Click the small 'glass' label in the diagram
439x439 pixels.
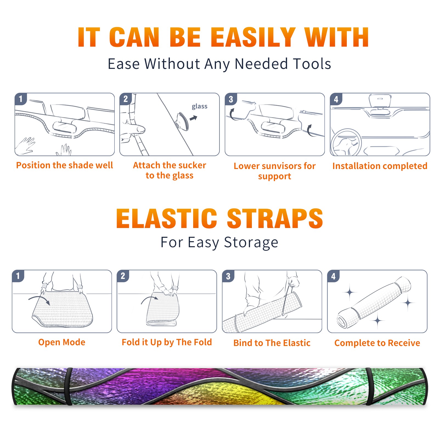[199, 106]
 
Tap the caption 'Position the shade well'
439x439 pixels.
[64, 165]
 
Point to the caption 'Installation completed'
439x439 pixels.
[380, 166]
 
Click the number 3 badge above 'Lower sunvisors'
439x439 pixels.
[231, 99]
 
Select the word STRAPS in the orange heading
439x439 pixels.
[275, 218]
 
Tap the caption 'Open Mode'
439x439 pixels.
[62, 342]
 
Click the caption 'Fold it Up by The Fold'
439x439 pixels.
[167, 342]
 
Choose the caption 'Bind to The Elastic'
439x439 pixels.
[272, 343]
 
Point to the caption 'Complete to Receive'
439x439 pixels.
[377, 343]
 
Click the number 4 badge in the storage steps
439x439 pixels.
[333, 276]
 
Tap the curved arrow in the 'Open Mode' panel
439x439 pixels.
[39, 298]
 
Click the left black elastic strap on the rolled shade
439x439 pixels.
[69, 386]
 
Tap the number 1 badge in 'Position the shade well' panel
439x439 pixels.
[21, 99]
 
